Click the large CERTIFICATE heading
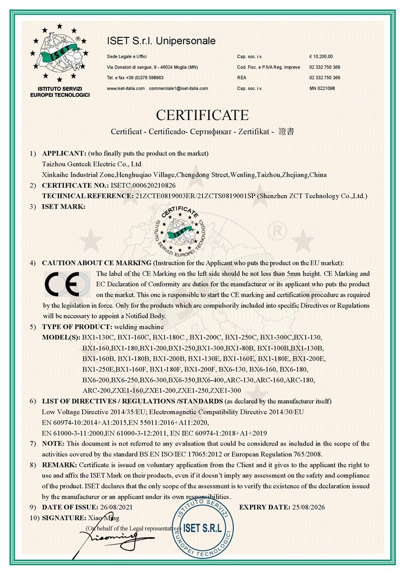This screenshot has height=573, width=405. [202, 115]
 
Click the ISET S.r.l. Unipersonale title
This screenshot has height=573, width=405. [161, 41]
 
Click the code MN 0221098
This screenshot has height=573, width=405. [322, 88]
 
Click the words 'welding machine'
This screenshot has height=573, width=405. [134, 327]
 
